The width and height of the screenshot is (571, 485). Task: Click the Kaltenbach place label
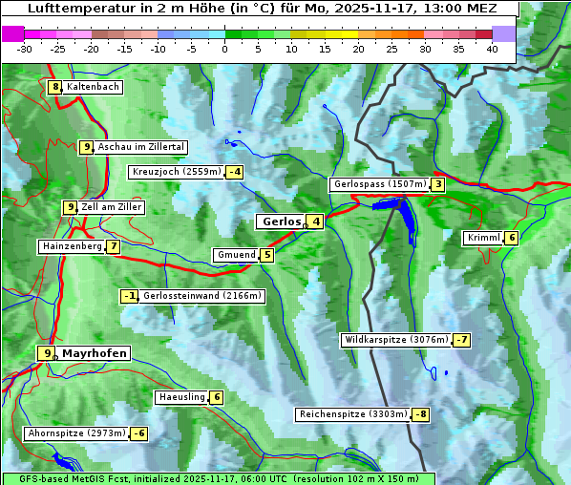coord(94,87)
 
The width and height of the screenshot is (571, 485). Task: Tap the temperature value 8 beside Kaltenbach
coord(55,87)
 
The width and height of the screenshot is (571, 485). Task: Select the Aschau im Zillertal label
coord(141,147)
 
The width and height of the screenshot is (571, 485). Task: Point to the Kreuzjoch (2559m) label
coord(176,172)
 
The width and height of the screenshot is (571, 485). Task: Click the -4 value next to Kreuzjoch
coord(234,172)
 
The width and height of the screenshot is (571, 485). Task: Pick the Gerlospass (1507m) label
coord(379,184)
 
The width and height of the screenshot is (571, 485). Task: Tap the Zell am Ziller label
coord(112,207)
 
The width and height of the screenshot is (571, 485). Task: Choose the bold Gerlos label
coord(282,221)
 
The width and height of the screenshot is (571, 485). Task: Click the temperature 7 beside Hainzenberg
coord(114,246)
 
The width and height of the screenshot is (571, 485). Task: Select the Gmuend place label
coord(236,255)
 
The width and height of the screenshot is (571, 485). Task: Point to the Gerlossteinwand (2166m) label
coord(201,296)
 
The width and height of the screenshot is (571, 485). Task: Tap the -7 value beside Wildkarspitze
coord(462,340)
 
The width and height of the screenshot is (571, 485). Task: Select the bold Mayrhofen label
coord(95,353)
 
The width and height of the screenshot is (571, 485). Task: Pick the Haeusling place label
coord(180,397)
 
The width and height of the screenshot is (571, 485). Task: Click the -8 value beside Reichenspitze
coord(421,414)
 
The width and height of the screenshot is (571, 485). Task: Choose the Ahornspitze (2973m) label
coord(76,433)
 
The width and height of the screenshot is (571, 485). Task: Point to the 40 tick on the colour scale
coord(492,49)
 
